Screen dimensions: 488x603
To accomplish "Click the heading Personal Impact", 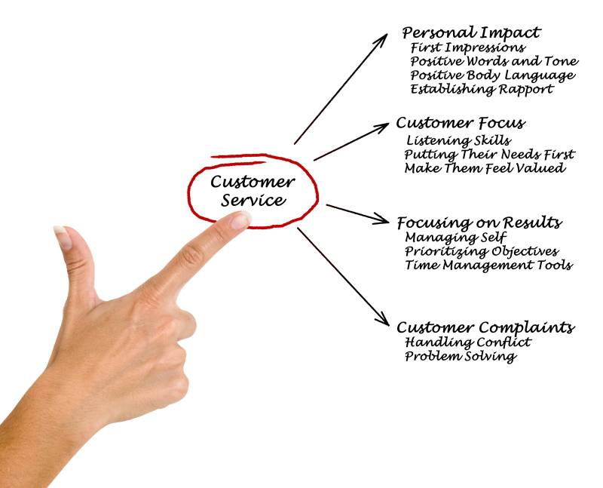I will tap(471, 33).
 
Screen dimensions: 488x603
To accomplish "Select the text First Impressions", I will tap(468, 48).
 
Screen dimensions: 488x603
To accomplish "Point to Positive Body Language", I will tap(493, 75).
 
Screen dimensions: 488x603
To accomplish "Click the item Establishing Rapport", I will tap(482, 89).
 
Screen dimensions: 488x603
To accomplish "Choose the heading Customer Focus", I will tap(461, 123).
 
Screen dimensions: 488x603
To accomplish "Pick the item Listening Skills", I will tap(458, 140).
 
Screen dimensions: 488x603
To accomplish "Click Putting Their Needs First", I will tap(489, 155).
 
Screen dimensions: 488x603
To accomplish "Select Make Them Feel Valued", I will tap(484, 168).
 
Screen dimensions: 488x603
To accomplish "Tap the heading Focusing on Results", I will tap(479, 223).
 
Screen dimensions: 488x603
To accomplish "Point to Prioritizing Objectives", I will tap(481, 251).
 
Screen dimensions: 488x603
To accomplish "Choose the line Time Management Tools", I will tap(488, 265).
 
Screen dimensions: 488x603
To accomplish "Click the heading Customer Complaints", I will tap(485, 327).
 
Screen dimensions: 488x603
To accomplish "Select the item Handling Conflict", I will tap(467, 342).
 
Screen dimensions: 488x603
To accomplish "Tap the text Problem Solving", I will tap(461, 356).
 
